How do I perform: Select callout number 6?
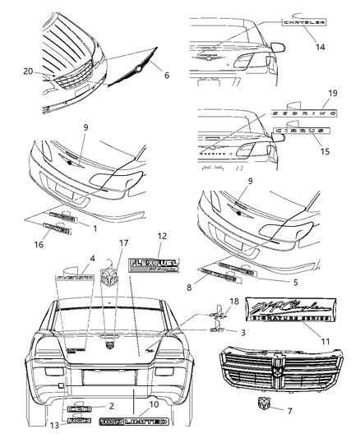pyautogui.click(x=168, y=75)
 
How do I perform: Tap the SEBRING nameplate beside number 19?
pyautogui.click(x=299, y=116)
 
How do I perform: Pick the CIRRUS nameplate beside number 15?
pyautogui.click(x=302, y=130)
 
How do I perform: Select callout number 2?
pyautogui.click(x=113, y=406)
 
